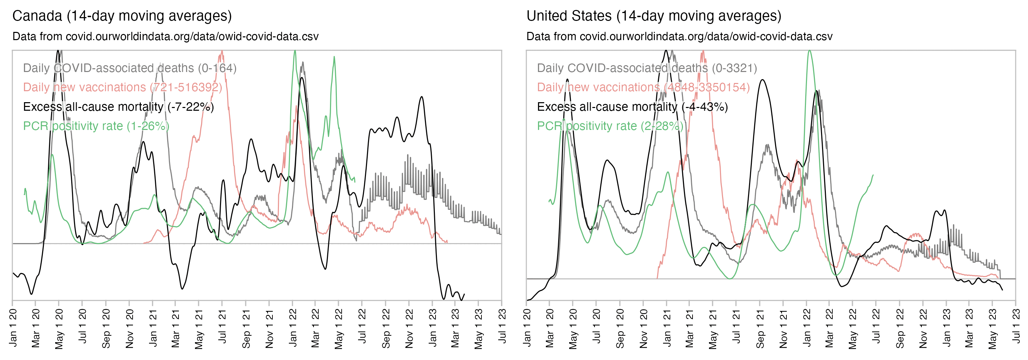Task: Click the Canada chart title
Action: (x=122, y=16)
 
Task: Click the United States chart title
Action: (x=654, y=16)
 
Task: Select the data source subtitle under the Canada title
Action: (x=165, y=37)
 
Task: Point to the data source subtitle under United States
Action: (x=679, y=37)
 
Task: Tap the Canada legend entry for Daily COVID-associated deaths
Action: (x=130, y=68)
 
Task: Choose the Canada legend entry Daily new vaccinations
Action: (x=123, y=87)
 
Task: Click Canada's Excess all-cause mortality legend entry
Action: (x=118, y=107)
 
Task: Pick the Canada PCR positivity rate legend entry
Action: (x=96, y=126)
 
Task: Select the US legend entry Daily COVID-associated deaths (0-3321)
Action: (x=647, y=68)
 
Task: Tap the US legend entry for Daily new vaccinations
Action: (x=643, y=87)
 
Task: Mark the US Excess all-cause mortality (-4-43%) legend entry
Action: (x=632, y=107)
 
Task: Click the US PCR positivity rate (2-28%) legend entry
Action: (x=610, y=126)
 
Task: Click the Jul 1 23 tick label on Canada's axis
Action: (x=502, y=326)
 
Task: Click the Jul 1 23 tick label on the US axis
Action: (x=1016, y=326)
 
